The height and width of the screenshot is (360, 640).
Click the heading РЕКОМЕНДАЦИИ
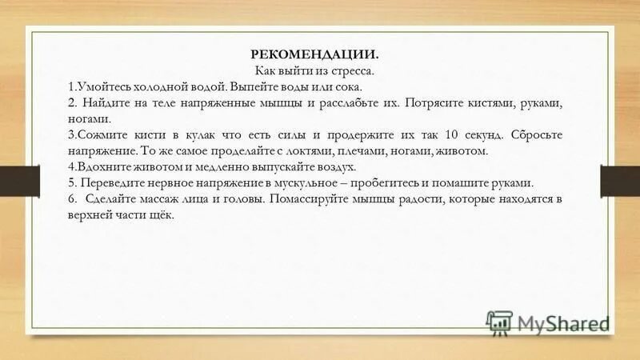314,55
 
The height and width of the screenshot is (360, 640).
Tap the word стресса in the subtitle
354,70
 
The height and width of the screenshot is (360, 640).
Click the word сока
348,86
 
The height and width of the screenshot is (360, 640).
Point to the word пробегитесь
413,182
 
